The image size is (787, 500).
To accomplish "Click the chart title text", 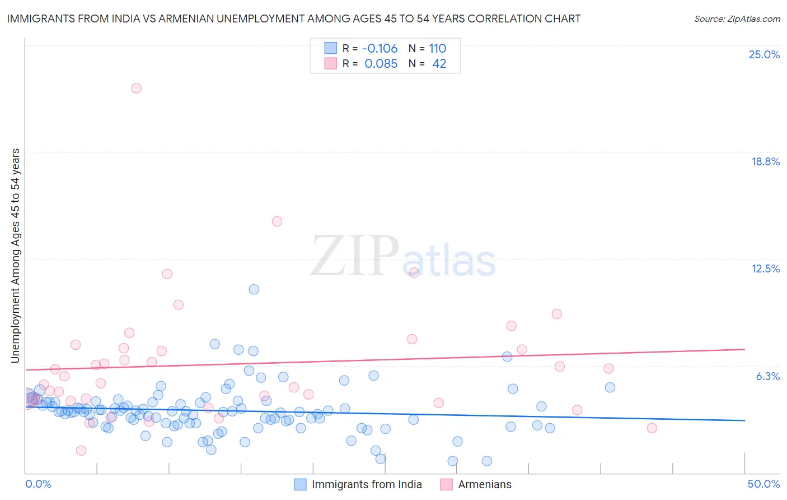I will (x=293, y=18).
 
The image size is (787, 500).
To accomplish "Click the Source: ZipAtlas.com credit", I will (x=737, y=18).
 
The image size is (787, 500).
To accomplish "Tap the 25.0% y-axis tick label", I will (x=764, y=54).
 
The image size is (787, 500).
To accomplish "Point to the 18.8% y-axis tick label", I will (x=765, y=161).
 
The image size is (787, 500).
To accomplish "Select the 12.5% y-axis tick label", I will (x=765, y=268).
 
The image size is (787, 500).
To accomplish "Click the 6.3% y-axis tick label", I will (x=767, y=376).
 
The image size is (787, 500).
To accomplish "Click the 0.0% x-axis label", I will (x=38, y=484).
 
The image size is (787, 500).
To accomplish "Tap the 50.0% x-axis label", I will (x=763, y=484).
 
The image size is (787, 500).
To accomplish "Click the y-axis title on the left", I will (x=15, y=256).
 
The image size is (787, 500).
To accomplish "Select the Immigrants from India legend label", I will (x=367, y=484).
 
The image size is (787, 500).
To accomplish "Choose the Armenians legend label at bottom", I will (x=485, y=484).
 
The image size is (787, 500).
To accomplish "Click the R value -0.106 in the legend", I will (x=380, y=48).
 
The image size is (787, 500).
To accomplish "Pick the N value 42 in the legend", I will (x=439, y=64).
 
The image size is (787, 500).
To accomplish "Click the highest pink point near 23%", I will (x=136, y=88).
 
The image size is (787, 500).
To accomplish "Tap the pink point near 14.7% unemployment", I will (x=277, y=221).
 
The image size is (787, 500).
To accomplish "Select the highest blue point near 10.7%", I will (x=254, y=289).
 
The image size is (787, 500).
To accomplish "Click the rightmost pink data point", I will (x=652, y=428).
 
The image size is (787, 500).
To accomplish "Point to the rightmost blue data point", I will (x=610, y=387).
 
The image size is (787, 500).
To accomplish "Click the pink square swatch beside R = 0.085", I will (x=331, y=64).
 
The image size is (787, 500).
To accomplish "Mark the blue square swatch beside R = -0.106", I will (x=331, y=48).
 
